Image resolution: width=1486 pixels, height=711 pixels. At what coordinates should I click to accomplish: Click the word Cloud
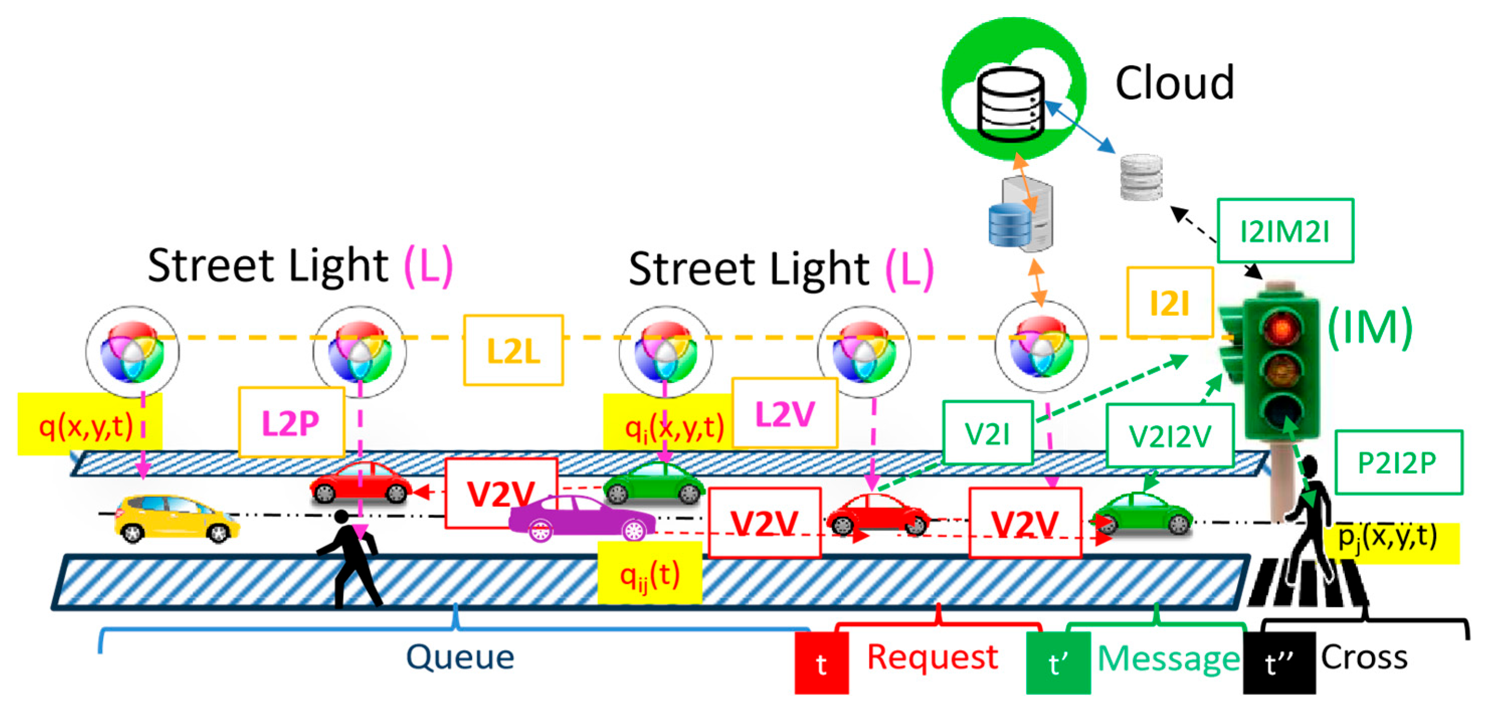tap(1174, 83)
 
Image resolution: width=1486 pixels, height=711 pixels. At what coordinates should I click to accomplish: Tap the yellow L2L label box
tap(514, 350)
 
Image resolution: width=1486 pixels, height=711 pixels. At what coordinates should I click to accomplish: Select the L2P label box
tap(291, 422)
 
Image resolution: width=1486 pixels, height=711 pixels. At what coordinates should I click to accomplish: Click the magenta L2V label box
tap(784, 413)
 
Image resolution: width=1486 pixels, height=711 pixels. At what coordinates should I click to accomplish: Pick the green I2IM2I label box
tap(1285, 231)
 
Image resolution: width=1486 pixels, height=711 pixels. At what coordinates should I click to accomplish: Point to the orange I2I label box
tap(1170, 302)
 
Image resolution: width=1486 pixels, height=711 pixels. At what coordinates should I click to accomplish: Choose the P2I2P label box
tap(1399, 462)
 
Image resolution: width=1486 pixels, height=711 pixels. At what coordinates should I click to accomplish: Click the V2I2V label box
tap(1170, 435)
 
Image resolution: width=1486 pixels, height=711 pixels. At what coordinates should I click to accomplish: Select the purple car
tap(581, 518)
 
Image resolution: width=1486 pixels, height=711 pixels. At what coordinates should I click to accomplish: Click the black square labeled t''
tap(1279, 663)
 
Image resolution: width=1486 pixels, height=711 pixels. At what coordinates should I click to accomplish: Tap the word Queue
tap(460, 657)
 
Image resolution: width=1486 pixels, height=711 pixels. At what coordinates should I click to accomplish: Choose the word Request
tap(933, 657)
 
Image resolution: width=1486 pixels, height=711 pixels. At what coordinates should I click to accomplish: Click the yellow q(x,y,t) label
tap(89, 425)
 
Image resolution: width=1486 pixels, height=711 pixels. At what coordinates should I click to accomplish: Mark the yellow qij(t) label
tap(650, 573)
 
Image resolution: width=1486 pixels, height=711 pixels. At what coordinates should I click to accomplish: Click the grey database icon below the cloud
tap(1141, 176)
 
